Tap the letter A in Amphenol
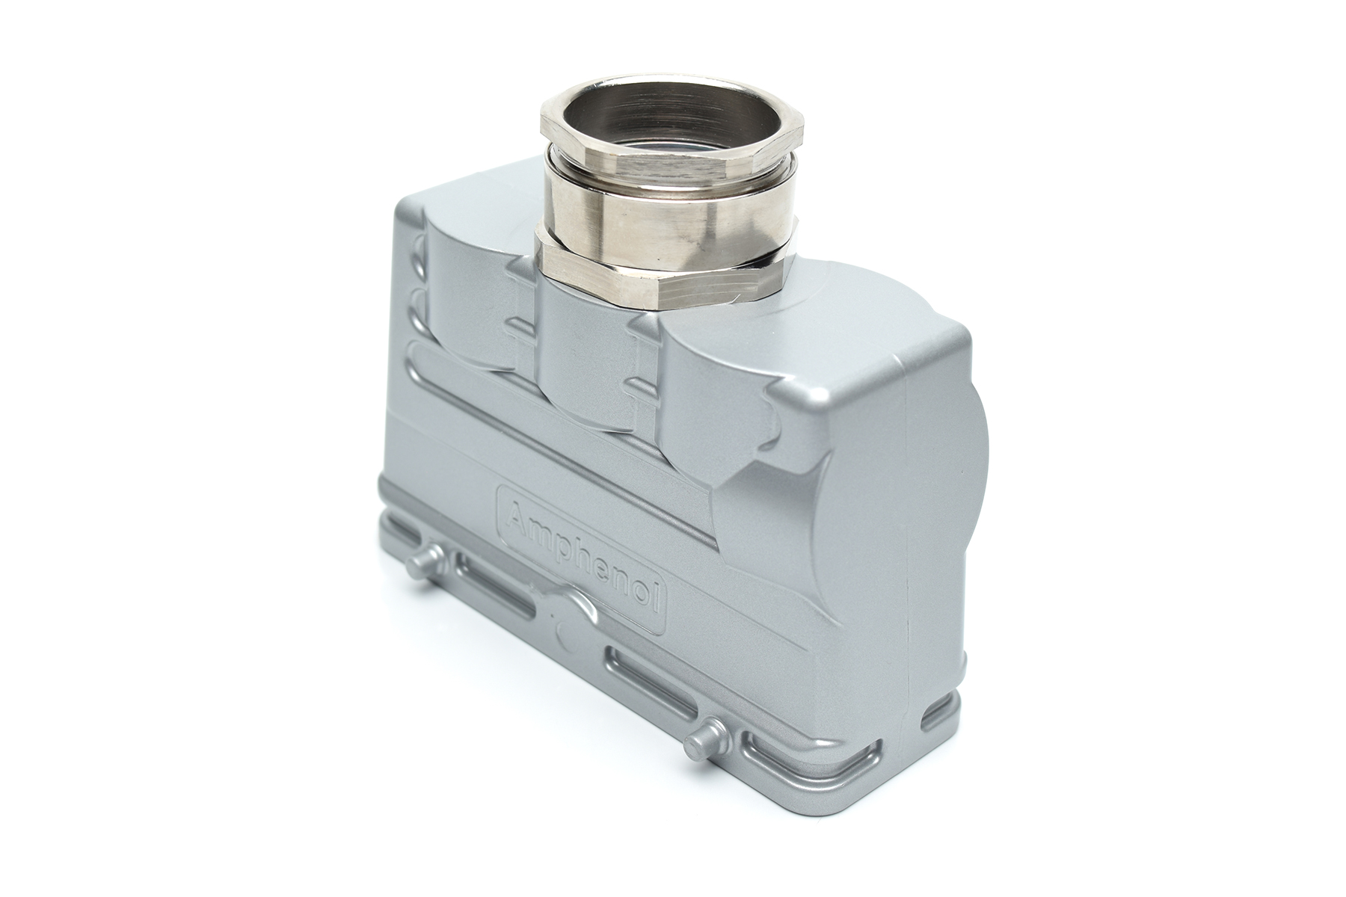point(516,516)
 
